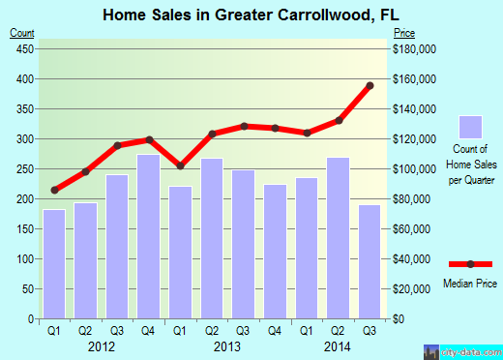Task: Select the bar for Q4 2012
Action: pyautogui.click(x=148, y=237)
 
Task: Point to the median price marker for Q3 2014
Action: pyautogui.click(x=370, y=85)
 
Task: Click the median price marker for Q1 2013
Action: pyautogui.click(x=180, y=165)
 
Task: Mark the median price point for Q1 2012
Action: pyautogui.click(x=54, y=190)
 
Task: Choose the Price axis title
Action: pyautogui.click(x=404, y=34)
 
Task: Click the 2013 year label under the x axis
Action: pyautogui.click(x=226, y=345)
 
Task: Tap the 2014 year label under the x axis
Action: pyautogui.click(x=337, y=345)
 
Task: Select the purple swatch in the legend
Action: pyautogui.click(x=470, y=128)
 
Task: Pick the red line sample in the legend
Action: pyautogui.click(x=470, y=264)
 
